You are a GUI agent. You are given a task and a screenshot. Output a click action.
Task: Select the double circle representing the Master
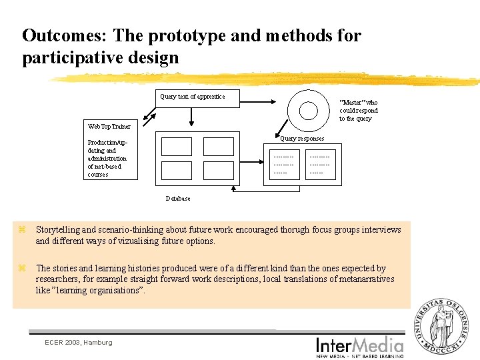(309, 110)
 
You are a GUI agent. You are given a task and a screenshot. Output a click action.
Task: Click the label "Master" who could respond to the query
(358, 111)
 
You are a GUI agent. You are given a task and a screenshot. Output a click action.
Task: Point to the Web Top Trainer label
(109, 126)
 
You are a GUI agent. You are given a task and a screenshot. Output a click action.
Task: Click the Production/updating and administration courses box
(111, 159)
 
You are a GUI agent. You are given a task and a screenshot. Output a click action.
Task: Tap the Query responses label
(302, 139)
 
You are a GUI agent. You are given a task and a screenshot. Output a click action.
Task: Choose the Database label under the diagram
(178, 199)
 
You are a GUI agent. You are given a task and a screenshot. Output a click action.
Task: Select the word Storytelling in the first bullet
(59, 230)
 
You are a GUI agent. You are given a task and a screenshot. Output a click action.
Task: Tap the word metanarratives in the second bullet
(365, 279)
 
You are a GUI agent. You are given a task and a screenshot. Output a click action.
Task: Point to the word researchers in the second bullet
(57, 279)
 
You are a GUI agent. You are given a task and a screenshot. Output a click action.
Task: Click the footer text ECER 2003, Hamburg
(78, 342)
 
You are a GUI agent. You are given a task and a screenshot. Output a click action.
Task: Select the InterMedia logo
(360, 345)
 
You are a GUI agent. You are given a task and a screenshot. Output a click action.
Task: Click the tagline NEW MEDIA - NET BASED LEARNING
(360, 356)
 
